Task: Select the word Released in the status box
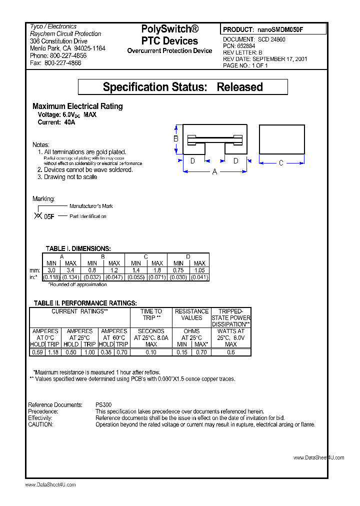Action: pos(239,87)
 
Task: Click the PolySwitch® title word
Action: pos(169,29)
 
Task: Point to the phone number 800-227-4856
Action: pos(65,56)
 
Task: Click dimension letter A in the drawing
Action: pos(215,171)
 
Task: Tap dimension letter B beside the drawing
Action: pos(176,138)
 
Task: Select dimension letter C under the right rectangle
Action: pos(281,162)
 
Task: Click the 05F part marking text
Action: pos(49,217)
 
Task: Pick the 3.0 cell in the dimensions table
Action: pos(51,270)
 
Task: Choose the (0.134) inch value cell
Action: pos(71,277)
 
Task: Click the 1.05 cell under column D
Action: pos(199,270)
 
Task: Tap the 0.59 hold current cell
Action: pos(37,352)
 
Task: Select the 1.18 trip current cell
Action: pos(53,352)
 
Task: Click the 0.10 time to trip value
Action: pos(151,352)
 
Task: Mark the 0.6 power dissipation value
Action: pos(230,352)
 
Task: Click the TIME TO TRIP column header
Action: pos(151,314)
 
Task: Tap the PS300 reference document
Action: pos(103,405)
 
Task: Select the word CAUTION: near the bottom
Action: pos(40,424)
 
